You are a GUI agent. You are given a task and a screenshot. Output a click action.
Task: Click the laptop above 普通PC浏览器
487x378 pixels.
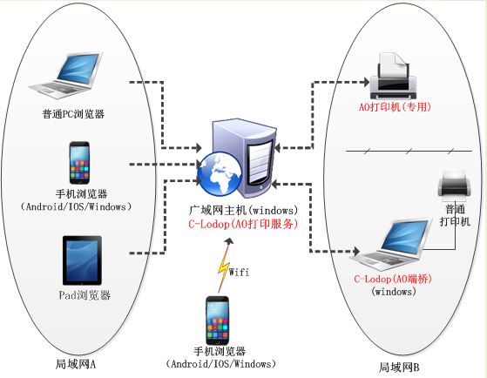pos(66,75)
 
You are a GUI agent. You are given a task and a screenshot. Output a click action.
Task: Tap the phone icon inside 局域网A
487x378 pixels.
pos(79,163)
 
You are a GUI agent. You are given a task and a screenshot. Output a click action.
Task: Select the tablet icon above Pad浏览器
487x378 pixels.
pos(82,260)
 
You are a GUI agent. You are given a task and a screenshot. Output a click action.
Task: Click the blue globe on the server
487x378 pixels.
pos(220,173)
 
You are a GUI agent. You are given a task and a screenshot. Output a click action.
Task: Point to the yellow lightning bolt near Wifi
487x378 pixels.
pos(224,267)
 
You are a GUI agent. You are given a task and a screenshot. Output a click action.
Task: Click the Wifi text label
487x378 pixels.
pos(239,272)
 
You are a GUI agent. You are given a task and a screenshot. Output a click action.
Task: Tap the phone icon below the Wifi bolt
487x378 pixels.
pos(218,321)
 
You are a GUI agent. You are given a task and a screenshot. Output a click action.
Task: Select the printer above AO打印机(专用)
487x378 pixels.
pos(393,76)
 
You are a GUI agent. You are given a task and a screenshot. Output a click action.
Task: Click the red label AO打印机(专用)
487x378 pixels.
pos(395,107)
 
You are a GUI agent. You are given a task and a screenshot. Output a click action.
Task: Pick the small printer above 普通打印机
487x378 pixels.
pos(454,186)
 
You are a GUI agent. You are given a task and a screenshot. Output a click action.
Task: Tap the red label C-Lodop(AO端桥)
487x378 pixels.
pos(393,279)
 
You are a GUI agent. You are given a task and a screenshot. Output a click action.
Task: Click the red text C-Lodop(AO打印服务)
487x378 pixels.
pos(243,224)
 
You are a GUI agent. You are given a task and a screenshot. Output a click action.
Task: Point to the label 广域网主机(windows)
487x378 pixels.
pos(243,210)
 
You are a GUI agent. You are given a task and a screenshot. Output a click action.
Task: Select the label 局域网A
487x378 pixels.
pos(76,364)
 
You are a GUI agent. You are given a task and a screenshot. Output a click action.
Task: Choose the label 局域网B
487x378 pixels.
pos(399,368)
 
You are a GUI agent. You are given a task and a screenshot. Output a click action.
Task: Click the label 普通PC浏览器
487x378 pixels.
pos(73,114)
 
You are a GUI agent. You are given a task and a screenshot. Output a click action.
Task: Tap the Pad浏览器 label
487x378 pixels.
pos(85,294)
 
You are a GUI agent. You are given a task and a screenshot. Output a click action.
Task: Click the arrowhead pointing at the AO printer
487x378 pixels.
pos(367,83)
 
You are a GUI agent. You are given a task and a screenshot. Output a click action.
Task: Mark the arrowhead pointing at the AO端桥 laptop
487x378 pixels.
pos(356,252)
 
